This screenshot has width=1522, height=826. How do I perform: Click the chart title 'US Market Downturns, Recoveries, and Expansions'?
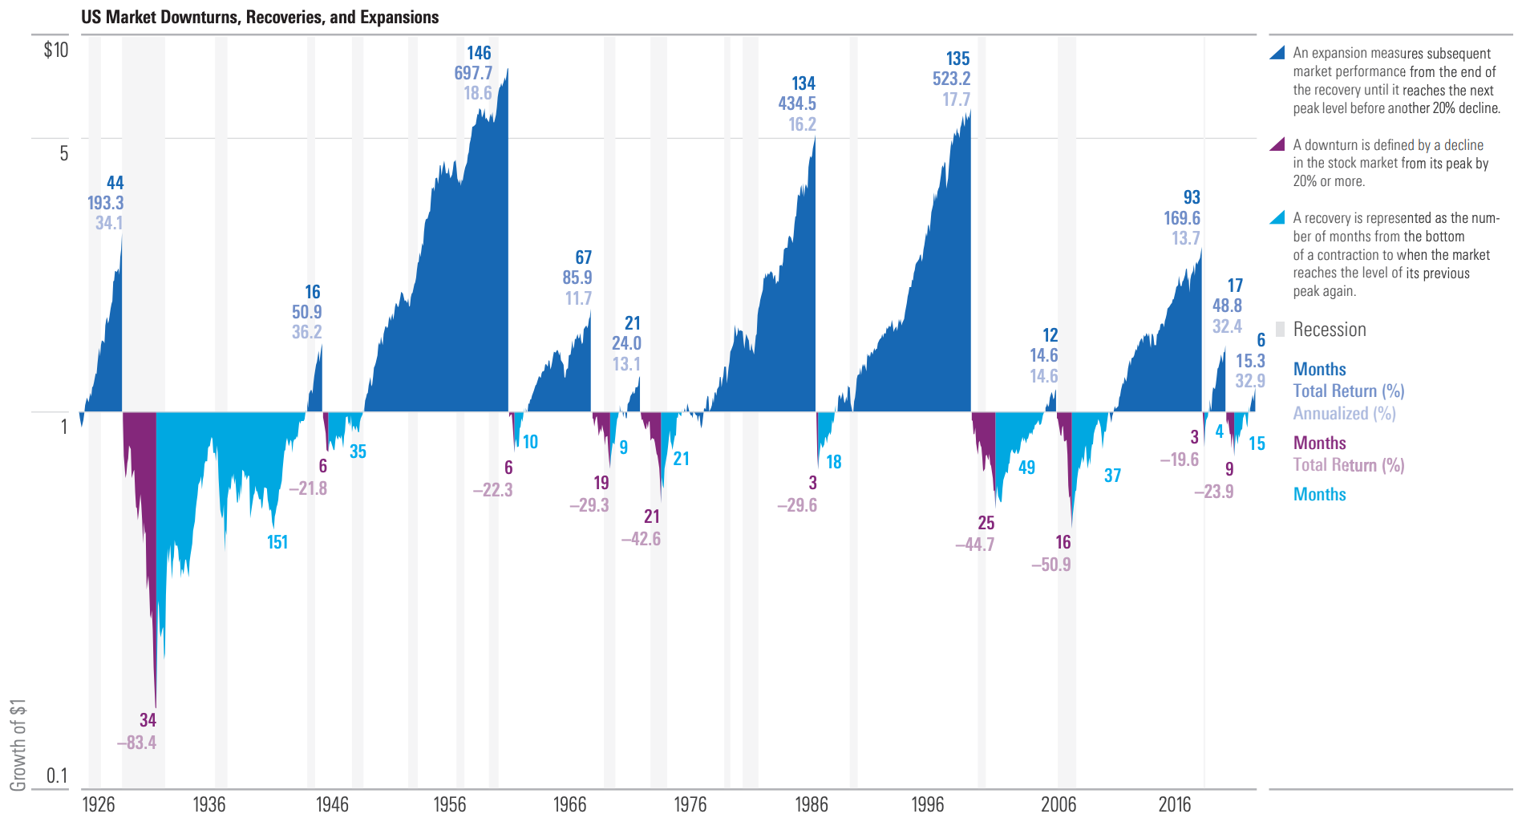(260, 17)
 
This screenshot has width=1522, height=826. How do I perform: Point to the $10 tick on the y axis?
(56, 50)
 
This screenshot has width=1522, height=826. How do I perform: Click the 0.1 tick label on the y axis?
(57, 775)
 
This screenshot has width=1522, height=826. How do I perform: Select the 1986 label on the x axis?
(811, 804)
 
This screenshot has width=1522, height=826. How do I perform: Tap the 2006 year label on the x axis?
(1059, 804)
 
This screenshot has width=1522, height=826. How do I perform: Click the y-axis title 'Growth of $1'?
(18, 744)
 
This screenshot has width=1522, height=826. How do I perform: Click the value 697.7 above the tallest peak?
(473, 73)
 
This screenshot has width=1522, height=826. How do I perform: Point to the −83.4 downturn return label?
(136, 743)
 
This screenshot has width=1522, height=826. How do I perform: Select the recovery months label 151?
(277, 542)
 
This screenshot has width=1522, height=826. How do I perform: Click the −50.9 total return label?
(1050, 565)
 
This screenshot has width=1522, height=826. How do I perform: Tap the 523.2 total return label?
(951, 79)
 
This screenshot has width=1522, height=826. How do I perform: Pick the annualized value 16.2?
(802, 124)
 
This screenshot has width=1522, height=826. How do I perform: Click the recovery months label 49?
(1026, 468)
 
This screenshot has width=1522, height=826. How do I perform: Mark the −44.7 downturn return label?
(974, 545)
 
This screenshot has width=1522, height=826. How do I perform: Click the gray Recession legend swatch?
(1280, 329)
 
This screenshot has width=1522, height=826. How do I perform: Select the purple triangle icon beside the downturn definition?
(1278, 144)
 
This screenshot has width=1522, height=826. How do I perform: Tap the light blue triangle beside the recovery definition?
(1278, 217)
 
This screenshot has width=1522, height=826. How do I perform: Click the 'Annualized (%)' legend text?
(1344, 414)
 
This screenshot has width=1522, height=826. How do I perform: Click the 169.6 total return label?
(1182, 218)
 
